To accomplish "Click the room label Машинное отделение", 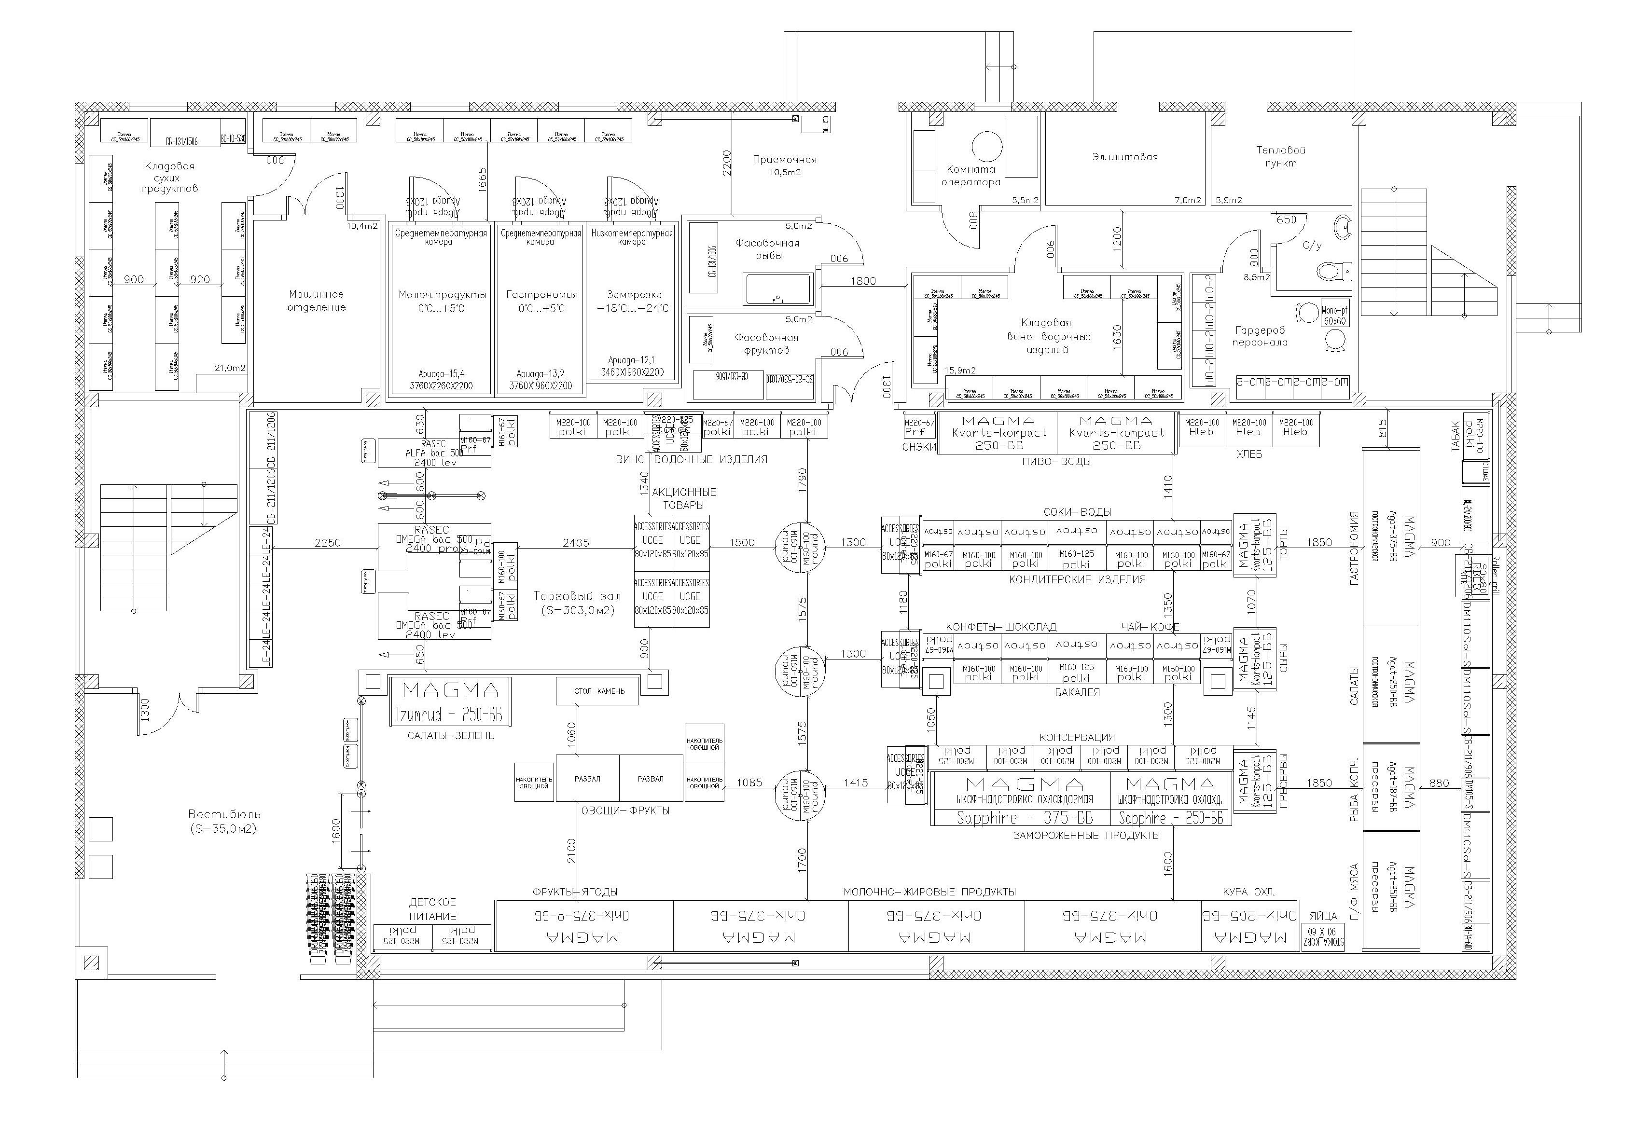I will coord(317,301).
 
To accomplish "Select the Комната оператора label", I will coord(971,175).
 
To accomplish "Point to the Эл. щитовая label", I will coord(1124,157).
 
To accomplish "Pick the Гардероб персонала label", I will coord(1260,336).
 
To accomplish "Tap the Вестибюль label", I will coord(224,821).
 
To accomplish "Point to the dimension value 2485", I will coord(576,543).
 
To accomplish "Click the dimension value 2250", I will coord(328,543).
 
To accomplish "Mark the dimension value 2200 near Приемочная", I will coord(727,163).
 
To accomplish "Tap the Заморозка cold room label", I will coord(634,301).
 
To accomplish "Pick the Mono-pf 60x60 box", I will coord(1334,316).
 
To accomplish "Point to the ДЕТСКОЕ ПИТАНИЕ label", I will coord(432,909).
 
